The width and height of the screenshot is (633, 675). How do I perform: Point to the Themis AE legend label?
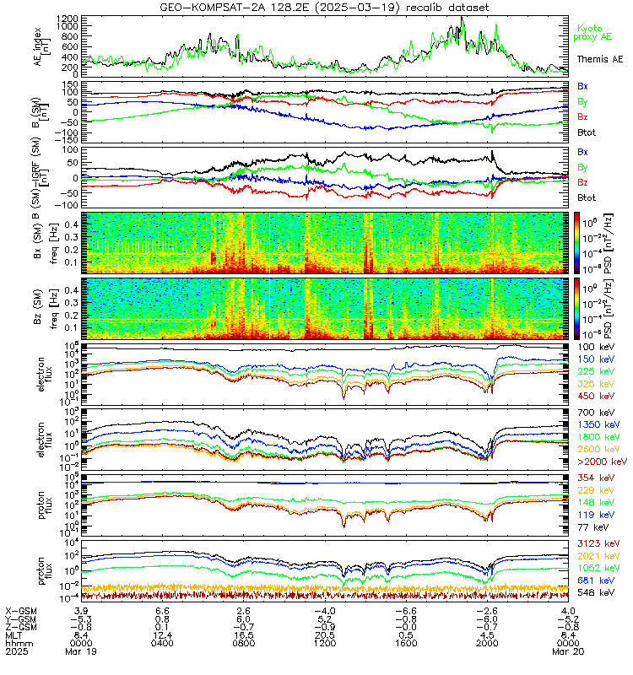click(x=600, y=58)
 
